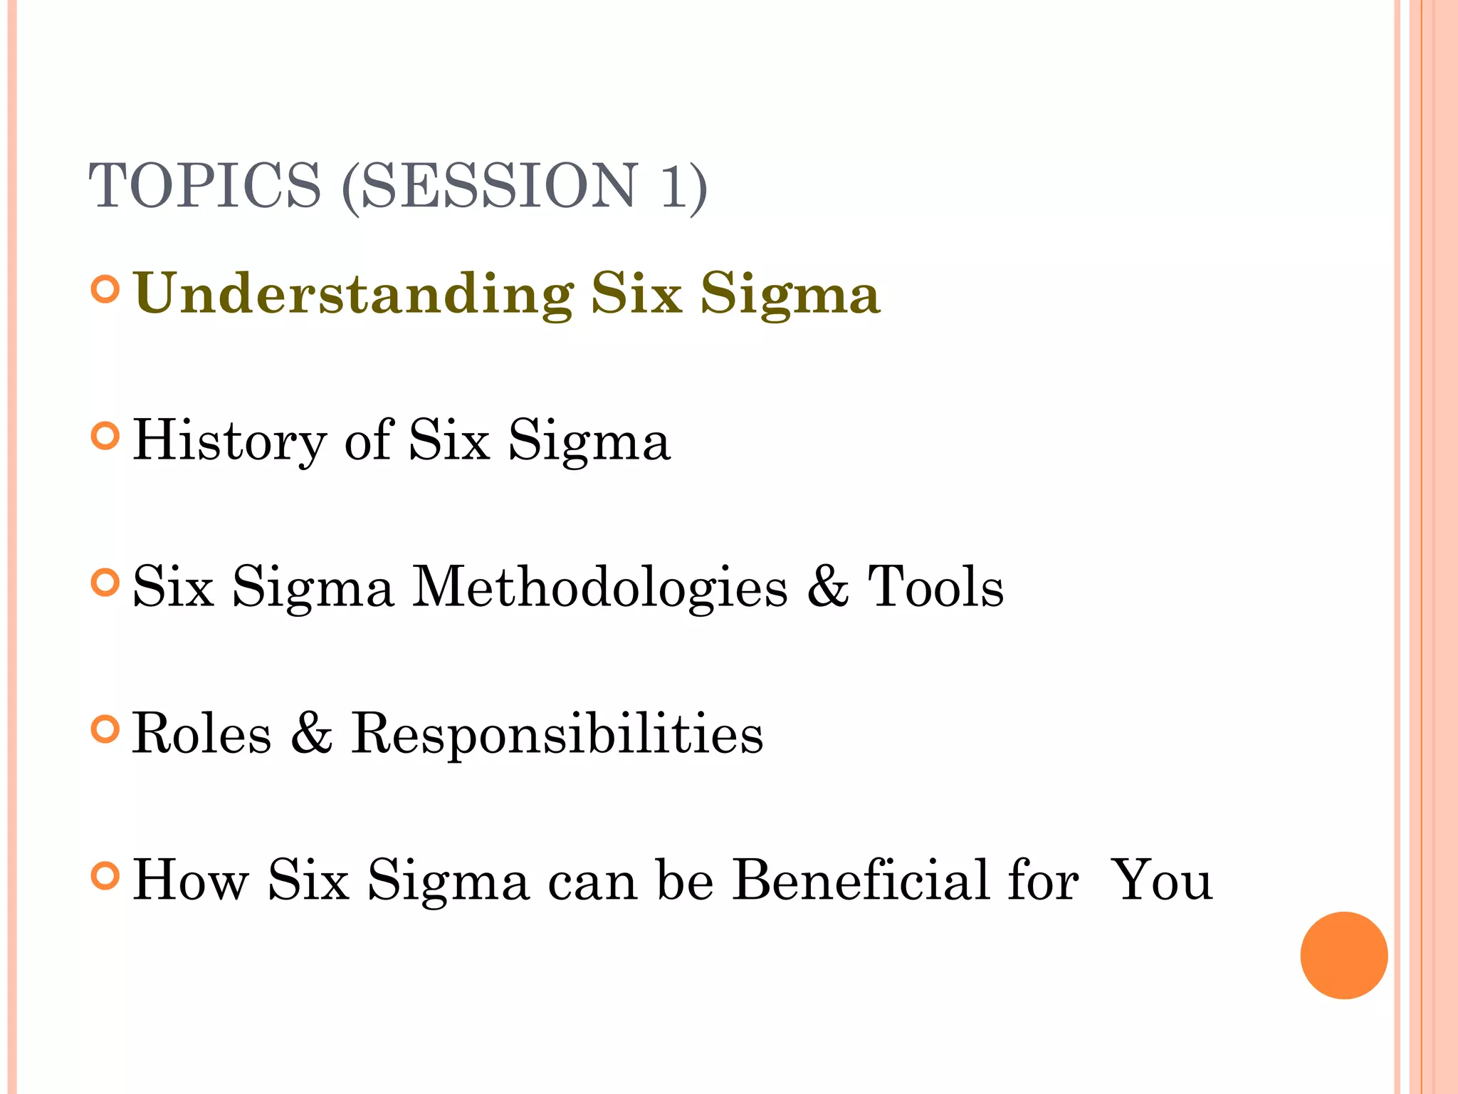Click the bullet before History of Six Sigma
(x=105, y=436)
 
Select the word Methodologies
(x=600, y=588)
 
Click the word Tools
(x=935, y=587)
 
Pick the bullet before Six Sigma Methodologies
(x=105, y=583)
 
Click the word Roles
(x=202, y=734)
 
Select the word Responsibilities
(x=557, y=734)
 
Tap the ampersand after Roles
(x=312, y=734)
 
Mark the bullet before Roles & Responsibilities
(x=105, y=729)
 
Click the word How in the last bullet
(x=191, y=880)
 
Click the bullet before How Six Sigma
(x=105, y=876)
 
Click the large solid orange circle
(x=1343, y=955)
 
